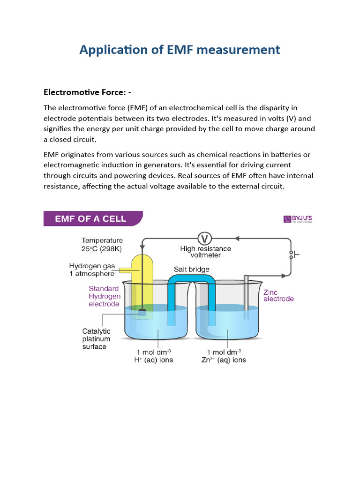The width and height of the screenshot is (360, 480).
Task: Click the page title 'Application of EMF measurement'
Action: tap(180, 49)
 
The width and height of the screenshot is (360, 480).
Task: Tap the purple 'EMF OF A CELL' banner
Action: tap(93, 218)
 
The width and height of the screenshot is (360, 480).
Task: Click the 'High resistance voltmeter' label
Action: tap(205, 252)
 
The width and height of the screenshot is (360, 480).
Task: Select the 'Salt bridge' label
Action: tap(192, 270)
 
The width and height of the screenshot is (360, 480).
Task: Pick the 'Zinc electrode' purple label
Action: tap(278, 295)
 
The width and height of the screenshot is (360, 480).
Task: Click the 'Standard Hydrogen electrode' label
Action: tap(105, 296)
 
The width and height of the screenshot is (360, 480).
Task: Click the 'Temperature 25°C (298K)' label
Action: tap(102, 244)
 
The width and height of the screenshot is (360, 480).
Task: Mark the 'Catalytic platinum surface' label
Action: tap(96, 339)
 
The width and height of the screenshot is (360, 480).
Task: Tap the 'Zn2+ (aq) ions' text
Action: tap(226, 360)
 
